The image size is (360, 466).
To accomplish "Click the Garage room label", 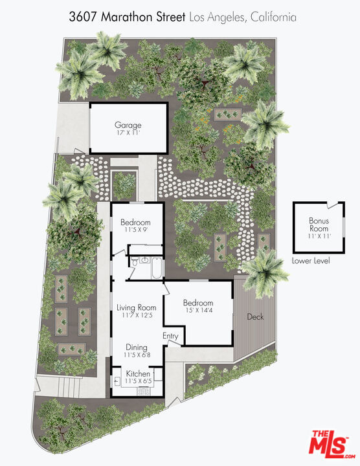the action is pyautogui.click(x=128, y=125).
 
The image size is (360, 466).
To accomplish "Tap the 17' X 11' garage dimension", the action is pyautogui.click(x=128, y=133).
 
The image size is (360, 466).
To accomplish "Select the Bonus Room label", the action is pyautogui.click(x=319, y=225).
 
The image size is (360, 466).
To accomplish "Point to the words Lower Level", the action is pyautogui.click(x=311, y=261).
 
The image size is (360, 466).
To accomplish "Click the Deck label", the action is pyautogui.click(x=255, y=316).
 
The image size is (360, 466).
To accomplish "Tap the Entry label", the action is pyautogui.click(x=170, y=336).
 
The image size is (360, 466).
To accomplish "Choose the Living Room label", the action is pyautogui.click(x=136, y=307).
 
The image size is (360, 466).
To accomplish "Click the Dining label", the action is pyautogui.click(x=137, y=347).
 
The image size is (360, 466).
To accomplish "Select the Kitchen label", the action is pyautogui.click(x=138, y=373).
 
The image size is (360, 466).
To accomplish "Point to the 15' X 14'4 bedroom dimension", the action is pyautogui.click(x=198, y=311).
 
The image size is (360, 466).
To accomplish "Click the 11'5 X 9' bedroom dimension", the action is pyautogui.click(x=135, y=229).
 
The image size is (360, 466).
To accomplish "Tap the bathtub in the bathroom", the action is pyautogui.click(x=157, y=268).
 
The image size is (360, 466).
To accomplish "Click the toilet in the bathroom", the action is pyautogui.click(x=135, y=261).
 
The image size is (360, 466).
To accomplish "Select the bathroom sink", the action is pyautogui.click(x=145, y=261).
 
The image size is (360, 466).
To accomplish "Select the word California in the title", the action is pyautogui.click(x=273, y=17).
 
